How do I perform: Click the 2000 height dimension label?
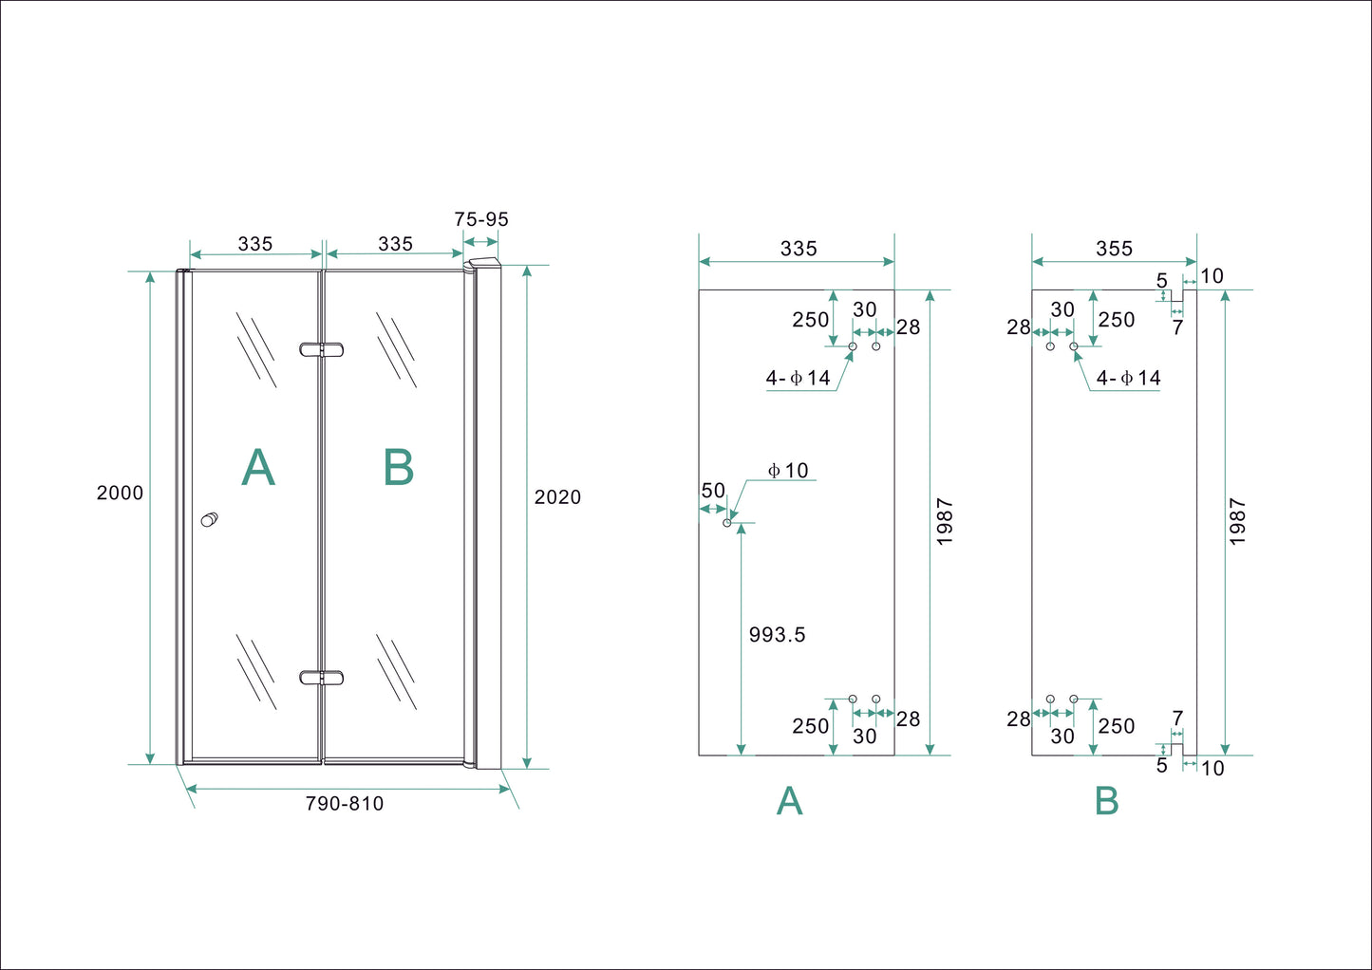tap(120, 493)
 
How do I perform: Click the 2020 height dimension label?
tap(557, 497)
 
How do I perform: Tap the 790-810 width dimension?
tap(345, 804)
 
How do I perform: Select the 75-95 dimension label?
tap(481, 219)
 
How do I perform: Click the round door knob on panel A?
tap(209, 519)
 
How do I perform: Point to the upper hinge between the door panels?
tap(321, 349)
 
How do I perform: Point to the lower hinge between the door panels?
tap(321, 678)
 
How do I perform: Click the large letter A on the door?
tap(258, 468)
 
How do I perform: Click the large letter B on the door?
tap(399, 468)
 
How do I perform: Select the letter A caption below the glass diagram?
tap(789, 802)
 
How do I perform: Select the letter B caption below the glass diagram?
tap(1106, 802)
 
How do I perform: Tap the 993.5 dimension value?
tap(777, 635)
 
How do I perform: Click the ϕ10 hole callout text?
tap(788, 471)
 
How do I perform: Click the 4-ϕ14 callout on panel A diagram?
tap(799, 379)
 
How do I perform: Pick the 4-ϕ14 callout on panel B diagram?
tap(1128, 379)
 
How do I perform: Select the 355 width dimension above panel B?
tap(1114, 249)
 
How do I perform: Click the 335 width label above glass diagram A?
tap(799, 249)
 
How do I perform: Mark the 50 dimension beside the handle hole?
tap(713, 491)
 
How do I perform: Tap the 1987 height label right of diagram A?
tap(945, 521)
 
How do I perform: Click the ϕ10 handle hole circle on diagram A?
tap(728, 523)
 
